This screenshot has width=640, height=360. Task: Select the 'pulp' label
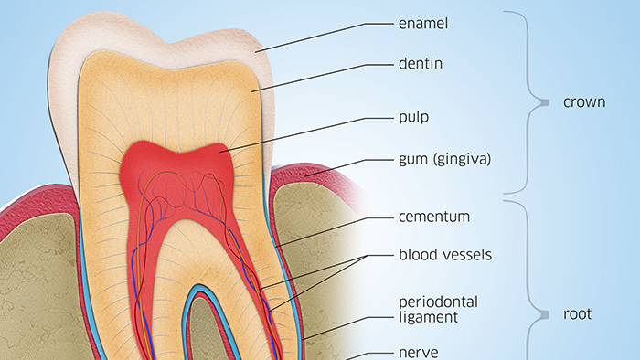414,117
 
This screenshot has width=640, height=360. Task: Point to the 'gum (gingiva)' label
444,159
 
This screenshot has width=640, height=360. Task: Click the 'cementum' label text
434,217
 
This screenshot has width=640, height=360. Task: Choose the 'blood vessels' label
445,255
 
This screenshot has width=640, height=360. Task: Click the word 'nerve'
418,351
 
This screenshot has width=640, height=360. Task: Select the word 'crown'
583,102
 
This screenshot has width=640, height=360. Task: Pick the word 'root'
577,314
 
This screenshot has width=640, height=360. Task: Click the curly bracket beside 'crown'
530,102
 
